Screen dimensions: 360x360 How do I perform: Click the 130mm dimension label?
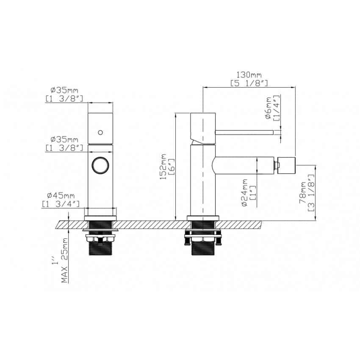click(x=249, y=75)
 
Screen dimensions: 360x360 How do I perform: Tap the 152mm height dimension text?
click(x=163, y=167)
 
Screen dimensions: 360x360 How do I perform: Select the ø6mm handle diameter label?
click(x=268, y=108)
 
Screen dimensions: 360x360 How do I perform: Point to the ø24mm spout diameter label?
click(x=245, y=193)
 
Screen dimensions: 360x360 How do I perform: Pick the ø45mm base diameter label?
click(x=61, y=196)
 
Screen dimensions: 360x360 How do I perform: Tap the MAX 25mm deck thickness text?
click(x=65, y=260)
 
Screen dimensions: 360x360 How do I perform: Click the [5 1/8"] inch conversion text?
click(x=249, y=83)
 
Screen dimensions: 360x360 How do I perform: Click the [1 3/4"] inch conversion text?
click(x=61, y=204)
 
